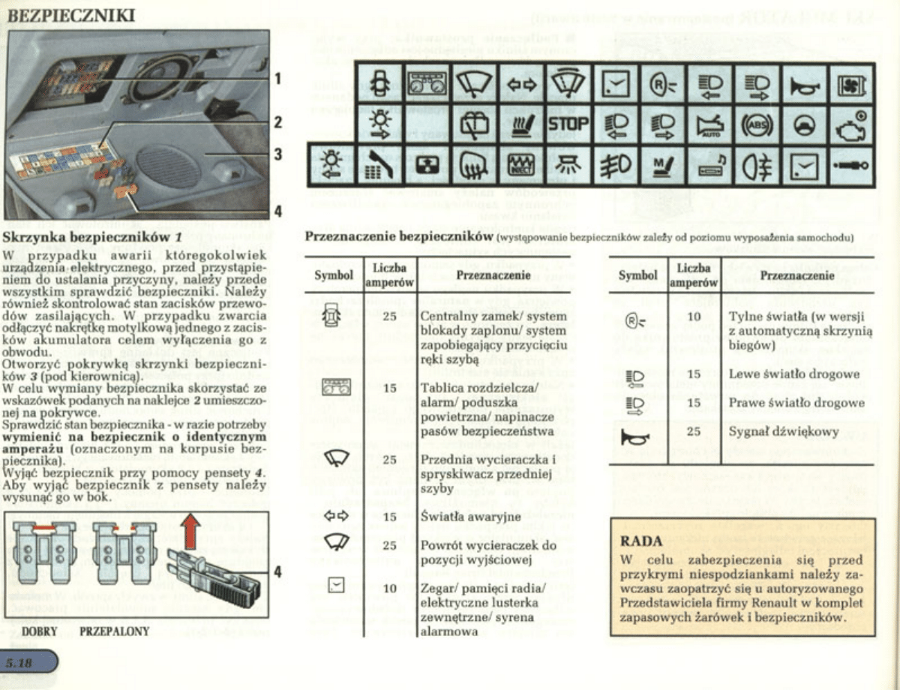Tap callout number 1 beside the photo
(x=277, y=78)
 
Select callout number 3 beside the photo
(x=277, y=154)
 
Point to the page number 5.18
(x=20, y=663)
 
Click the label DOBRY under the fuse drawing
(x=39, y=631)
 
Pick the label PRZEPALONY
(x=114, y=631)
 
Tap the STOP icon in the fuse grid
(x=568, y=124)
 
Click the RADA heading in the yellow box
(x=642, y=541)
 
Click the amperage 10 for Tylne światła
(x=694, y=316)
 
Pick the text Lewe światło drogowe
(x=793, y=373)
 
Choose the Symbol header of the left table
(x=334, y=275)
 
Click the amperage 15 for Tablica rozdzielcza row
(x=389, y=388)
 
